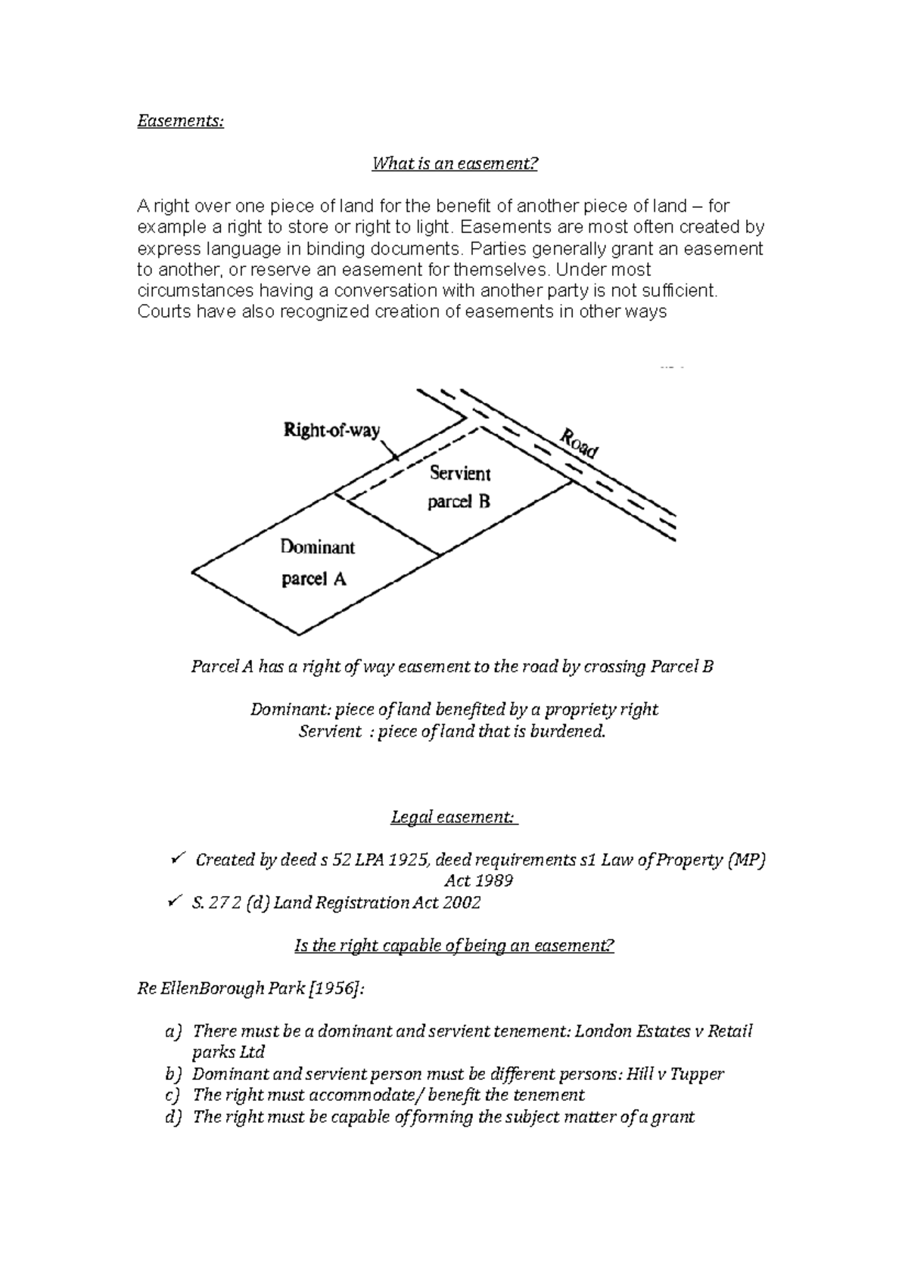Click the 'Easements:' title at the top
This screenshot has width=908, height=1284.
coord(180,121)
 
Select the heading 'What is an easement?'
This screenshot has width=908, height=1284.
coord(454,163)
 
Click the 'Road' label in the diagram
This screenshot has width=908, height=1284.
coord(579,443)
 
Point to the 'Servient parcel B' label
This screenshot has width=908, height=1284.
coord(459,488)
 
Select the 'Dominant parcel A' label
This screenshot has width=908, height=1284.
coord(316,563)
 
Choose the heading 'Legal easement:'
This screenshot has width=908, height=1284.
coord(454,817)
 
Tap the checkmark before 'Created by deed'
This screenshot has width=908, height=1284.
coord(177,858)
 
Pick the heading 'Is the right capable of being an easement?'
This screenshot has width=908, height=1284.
coord(453,946)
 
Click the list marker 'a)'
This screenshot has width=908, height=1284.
coord(173,1031)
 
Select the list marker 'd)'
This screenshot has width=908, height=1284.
coord(173,1117)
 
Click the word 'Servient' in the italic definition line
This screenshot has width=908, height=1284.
coord(330,731)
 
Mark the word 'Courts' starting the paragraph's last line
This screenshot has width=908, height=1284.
coord(163,312)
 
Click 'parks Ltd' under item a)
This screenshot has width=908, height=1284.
coord(228,1052)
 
